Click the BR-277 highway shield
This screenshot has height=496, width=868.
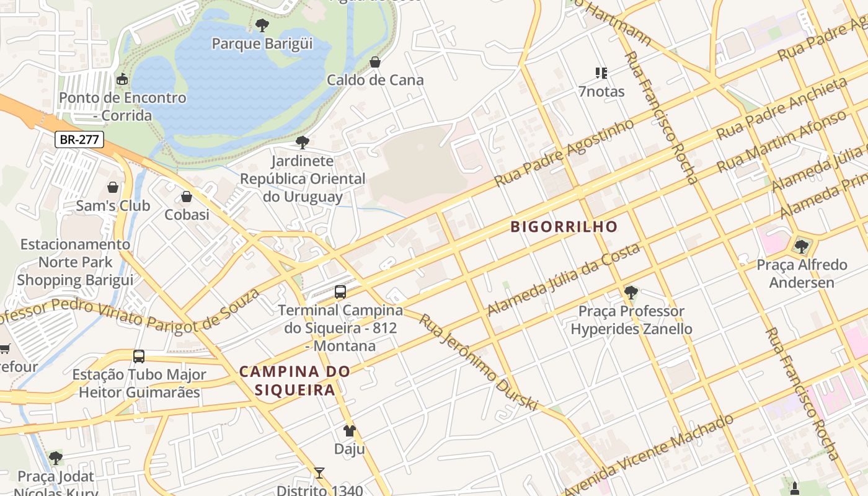pyautogui.click(x=79, y=139)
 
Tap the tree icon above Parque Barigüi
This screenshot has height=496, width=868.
pyautogui.click(x=262, y=25)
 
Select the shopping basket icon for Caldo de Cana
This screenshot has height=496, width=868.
pyautogui.click(x=374, y=62)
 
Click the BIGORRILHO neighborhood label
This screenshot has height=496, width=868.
pyautogui.click(x=564, y=227)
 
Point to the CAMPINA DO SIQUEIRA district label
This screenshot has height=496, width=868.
pyautogui.click(x=294, y=381)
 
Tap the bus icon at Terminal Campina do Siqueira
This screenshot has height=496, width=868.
pyautogui.click(x=340, y=291)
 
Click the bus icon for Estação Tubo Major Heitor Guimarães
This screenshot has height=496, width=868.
pyautogui.click(x=139, y=356)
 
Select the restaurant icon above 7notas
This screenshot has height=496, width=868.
pyautogui.click(x=601, y=73)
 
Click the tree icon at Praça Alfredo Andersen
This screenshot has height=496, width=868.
pyautogui.click(x=802, y=247)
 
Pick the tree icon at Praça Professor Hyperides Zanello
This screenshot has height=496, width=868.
pyautogui.click(x=631, y=293)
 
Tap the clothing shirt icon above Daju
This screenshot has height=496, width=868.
pyautogui.click(x=350, y=430)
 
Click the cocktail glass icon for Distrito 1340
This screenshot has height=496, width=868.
pyautogui.click(x=319, y=473)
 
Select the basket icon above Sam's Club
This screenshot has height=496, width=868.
pyautogui.click(x=113, y=187)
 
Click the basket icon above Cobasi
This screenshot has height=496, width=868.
pyautogui.click(x=186, y=197)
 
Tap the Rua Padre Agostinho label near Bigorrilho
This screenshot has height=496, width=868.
pyautogui.click(x=564, y=153)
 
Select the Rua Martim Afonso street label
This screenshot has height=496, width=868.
pyautogui.click(x=781, y=142)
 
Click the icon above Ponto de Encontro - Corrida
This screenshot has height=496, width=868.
pyautogui.click(x=122, y=79)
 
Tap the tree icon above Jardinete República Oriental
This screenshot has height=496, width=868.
pyautogui.click(x=303, y=143)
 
